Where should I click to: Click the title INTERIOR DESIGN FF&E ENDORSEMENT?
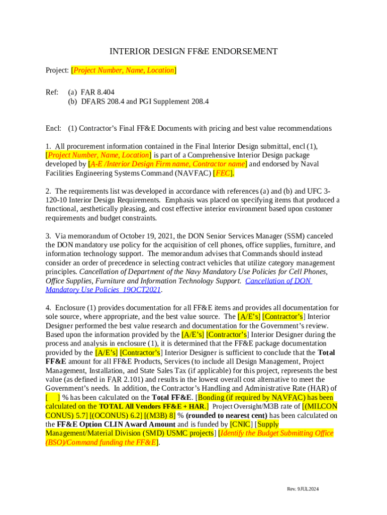click(x=193, y=51)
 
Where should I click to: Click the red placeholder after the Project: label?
click(x=124, y=70)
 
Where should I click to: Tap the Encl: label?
click(x=53, y=128)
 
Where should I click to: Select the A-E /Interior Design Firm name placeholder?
click(x=167, y=164)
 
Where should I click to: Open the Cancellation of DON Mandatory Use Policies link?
click(x=278, y=281)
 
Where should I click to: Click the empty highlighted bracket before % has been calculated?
click(x=53, y=397)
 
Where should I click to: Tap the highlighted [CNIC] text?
click(x=240, y=424)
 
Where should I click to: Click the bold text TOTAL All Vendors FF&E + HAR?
click(x=151, y=406)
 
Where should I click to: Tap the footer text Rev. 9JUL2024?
click(x=303, y=489)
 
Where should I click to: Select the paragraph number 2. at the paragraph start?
click(x=48, y=191)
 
